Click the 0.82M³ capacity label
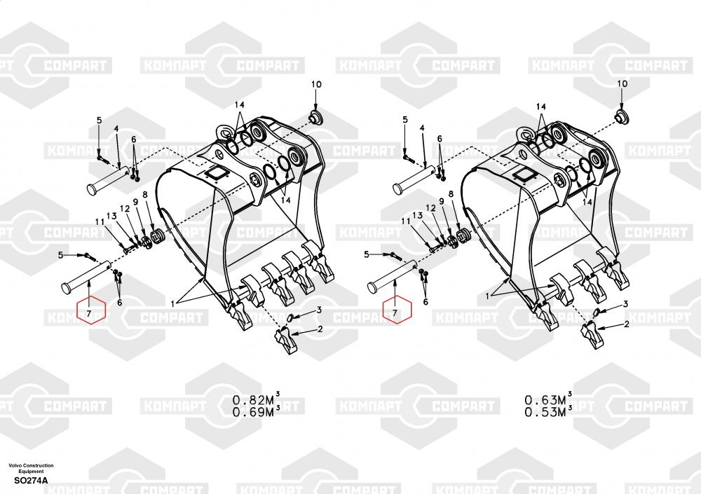[x=256, y=399]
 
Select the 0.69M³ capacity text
[x=256, y=411]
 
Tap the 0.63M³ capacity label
[x=549, y=399]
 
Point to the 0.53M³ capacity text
[x=549, y=411]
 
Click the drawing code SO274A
[x=31, y=481]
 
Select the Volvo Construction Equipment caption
[x=31, y=468]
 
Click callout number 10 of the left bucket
[x=316, y=84]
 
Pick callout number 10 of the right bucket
[x=622, y=83]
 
